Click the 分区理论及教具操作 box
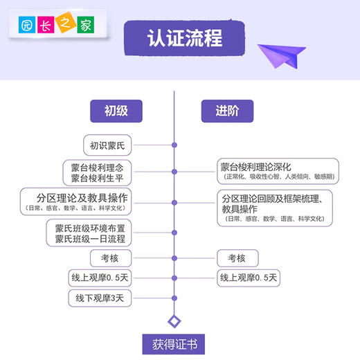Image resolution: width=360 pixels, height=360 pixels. tap(76, 201)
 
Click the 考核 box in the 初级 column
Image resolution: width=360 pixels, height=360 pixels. tap(109, 258)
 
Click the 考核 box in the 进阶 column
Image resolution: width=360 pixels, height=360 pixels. tap(237, 258)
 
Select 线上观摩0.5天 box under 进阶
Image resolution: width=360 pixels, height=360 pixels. tap(249, 278)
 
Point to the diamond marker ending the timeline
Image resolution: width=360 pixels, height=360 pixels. tap(174, 321)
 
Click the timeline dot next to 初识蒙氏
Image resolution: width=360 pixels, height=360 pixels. tap(174, 145)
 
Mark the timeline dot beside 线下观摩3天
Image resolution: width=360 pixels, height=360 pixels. tap(174, 298)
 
